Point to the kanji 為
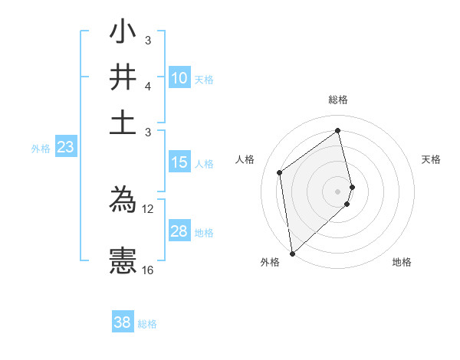pyautogui.click(x=123, y=202)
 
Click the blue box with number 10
pyautogui.click(x=179, y=78)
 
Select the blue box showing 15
pyautogui.click(x=179, y=162)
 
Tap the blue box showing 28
pyautogui.click(x=179, y=231)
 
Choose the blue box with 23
pyautogui.click(x=65, y=148)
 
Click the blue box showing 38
pyautogui.click(x=123, y=322)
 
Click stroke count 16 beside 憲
pyautogui.click(x=148, y=270)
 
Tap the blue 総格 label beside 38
pyautogui.click(x=147, y=324)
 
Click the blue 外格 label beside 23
pyautogui.click(x=40, y=149)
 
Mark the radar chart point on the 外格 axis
pyautogui.click(x=292, y=253)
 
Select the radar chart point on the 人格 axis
pyautogui.click(x=280, y=172)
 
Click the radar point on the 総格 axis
pyautogui.click(x=338, y=131)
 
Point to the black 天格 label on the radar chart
pyautogui.click(x=432, y=159)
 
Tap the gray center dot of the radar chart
pyautogui.click(x=338, y=191)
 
